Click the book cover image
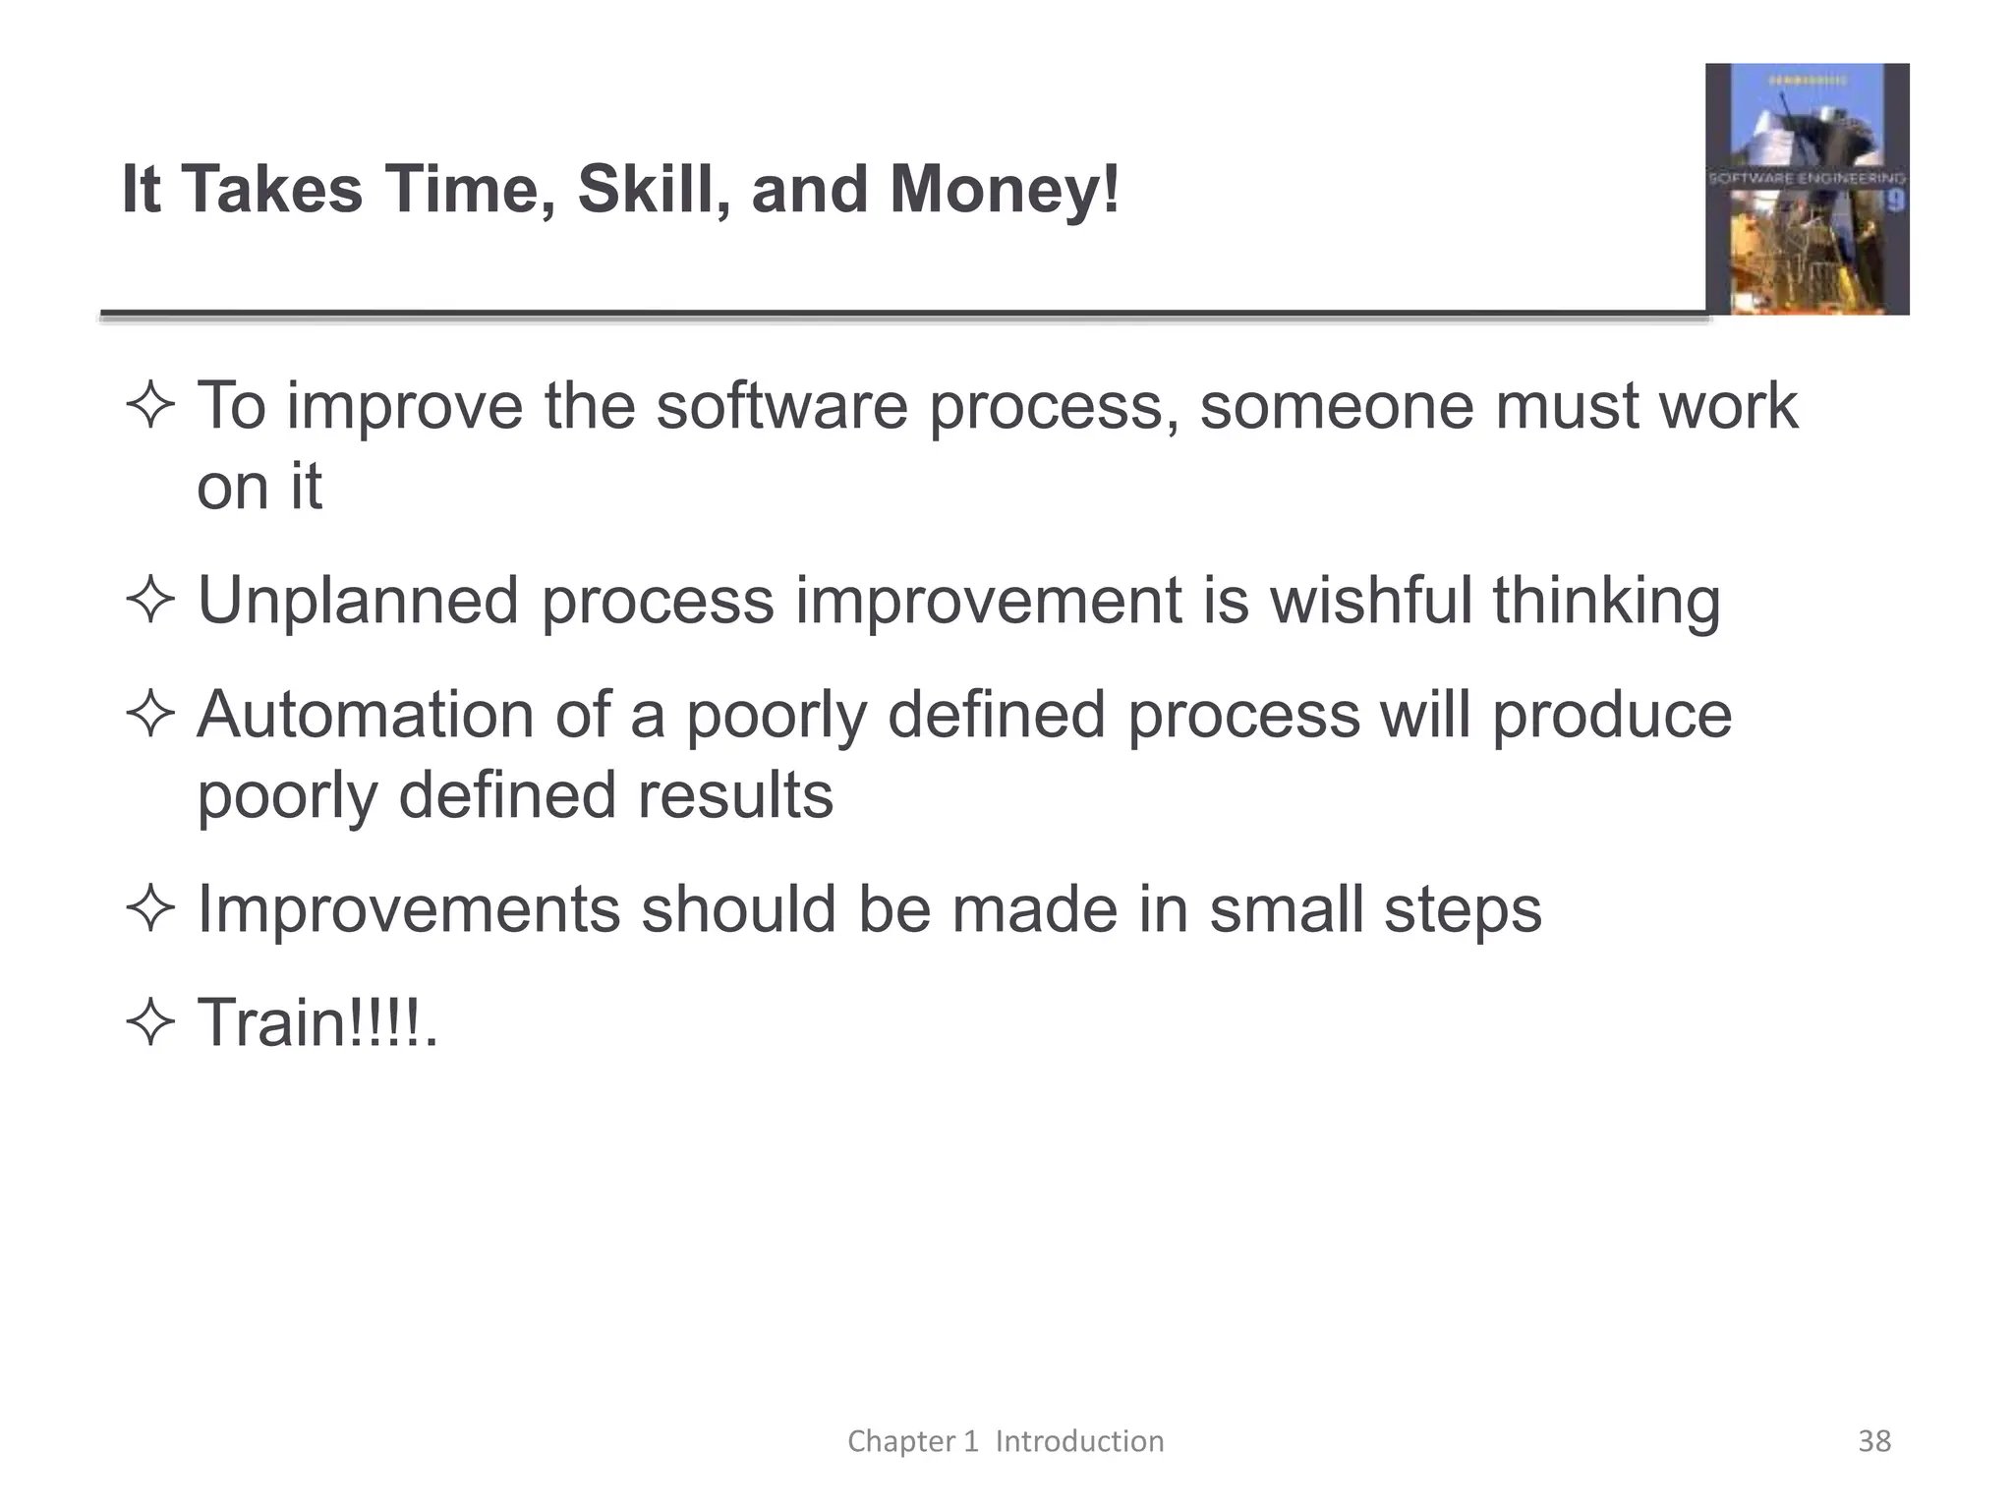[1807, 189]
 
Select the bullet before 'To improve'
[150, 406]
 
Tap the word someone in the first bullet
[1337, 406]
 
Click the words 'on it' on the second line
[259, 487]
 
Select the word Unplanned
[358, 601]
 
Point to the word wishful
[1371, 601]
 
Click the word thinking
[1606, 601]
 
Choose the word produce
[1612, 715]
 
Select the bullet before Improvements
[150, 909]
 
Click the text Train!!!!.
[316, 1023]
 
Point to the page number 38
[1874, 1441]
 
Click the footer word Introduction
[1079, 1441]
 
